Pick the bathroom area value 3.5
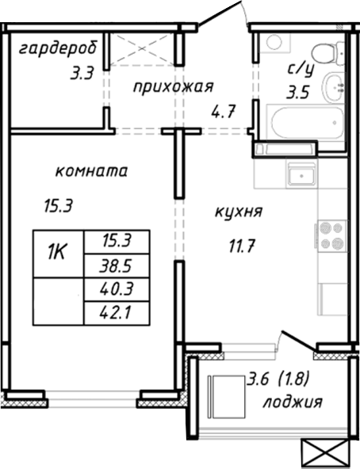[x=298, y=91]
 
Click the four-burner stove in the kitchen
[x=330, y=235]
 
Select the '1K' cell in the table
[x=57, y=254]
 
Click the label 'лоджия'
[x=293, y=402]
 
